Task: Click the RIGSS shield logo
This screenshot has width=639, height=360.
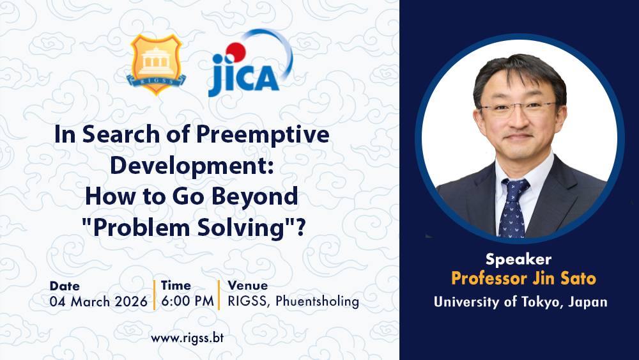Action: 156,65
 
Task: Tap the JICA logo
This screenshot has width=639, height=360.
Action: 250,63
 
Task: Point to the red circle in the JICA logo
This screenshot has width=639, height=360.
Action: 236,52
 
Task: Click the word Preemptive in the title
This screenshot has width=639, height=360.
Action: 263,135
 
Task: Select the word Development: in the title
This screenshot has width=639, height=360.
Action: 192,166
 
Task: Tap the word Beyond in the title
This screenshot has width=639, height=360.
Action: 255,196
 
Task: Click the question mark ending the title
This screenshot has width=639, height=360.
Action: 301,227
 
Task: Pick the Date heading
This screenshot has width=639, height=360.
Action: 65,286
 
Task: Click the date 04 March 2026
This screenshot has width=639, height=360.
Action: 98,302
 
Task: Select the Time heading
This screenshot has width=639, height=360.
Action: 176,285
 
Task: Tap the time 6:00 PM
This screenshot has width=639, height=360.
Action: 187,301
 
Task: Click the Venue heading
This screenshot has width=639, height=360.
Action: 248,285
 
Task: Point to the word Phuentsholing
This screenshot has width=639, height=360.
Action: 317,301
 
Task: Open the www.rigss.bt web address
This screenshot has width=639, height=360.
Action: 187,338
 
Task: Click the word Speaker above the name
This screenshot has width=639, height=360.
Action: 518,260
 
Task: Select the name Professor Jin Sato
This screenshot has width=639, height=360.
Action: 523,279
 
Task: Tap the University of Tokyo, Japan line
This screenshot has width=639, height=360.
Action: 520,302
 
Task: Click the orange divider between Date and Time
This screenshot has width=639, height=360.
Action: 155,295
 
